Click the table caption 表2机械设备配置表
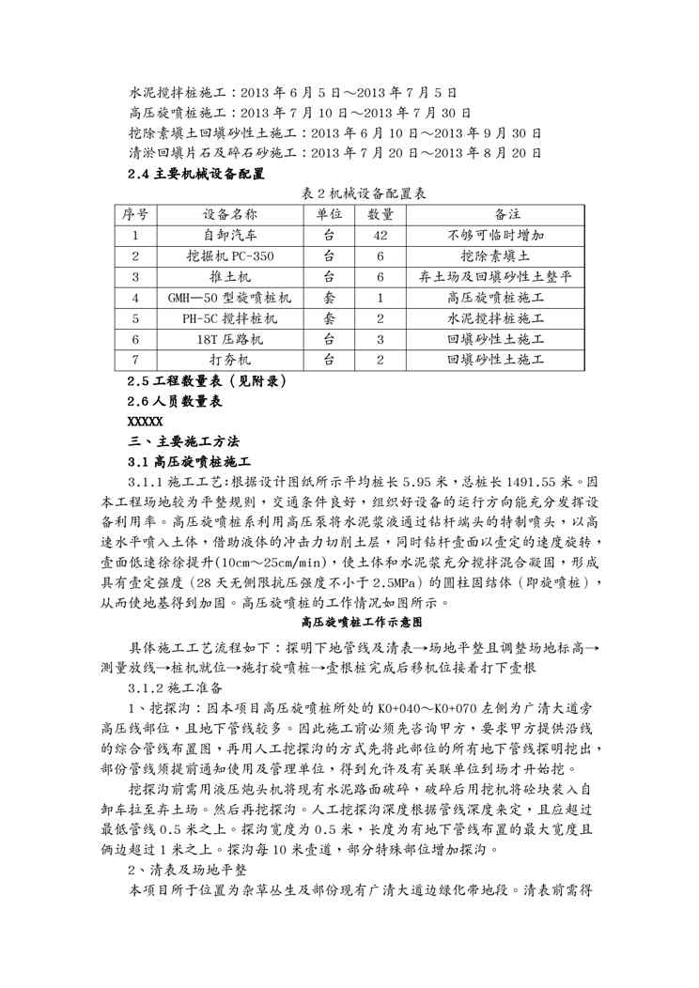tap(350, 193)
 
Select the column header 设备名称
tap(227, 215)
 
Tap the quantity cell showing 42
tap(381, 236)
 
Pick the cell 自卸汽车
tap(227, 236)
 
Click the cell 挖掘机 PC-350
tap(227, 256)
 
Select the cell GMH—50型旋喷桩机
tap(227, 298)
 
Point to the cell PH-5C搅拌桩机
tap(227, 318)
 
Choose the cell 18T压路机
tap(227, 339)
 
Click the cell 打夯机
tap(227, 360)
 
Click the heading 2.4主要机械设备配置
tap(195, 174)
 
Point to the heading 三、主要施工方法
tap(184, 440)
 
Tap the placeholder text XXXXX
tap(145, 421)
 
